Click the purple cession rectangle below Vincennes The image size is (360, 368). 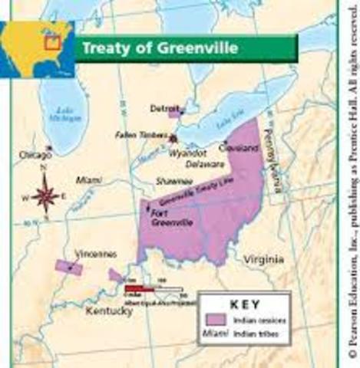69,268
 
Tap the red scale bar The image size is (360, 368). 142,289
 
